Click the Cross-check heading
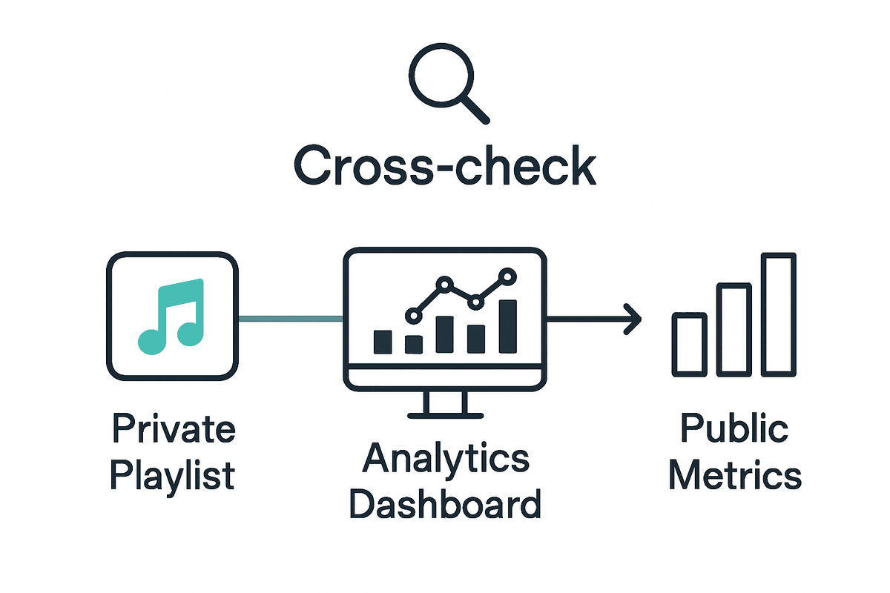(445, 167)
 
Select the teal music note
(171, 314)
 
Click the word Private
(173, 429)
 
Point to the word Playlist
(173, 474)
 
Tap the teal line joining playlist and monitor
(291, 319)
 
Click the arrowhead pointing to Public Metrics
(633, 319)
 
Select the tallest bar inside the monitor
(508, 326)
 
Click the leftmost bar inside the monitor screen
(383, 342)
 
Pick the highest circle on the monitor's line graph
(507, 276)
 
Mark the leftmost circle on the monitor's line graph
(413, 316)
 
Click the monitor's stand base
(444, 414)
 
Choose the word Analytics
(445, 459)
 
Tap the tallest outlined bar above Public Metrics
(778, 314)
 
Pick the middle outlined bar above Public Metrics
(734, 329)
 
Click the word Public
(734, 429)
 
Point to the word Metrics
(734, 474)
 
